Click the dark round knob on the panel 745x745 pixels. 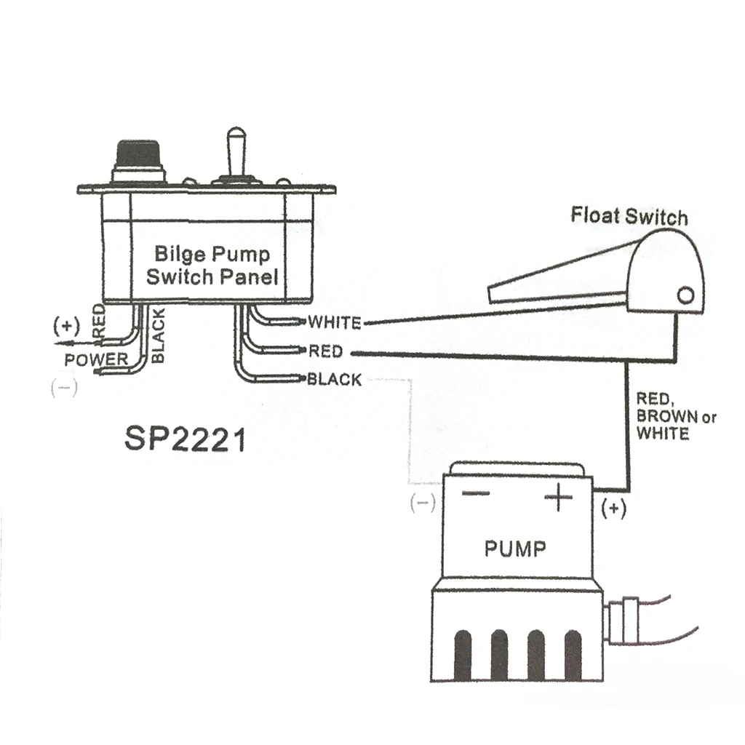[x=138, y=156]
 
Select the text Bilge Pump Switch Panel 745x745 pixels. [x=212, y=266]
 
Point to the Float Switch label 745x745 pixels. [x=629, y=216]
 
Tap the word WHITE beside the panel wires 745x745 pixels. [x=334, y=322]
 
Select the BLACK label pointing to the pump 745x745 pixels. [x=333, y=379]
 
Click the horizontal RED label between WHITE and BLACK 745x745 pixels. [x=325, y=351]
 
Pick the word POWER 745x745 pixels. [x=95, y=359]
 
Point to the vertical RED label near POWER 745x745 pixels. [x=100, y=321]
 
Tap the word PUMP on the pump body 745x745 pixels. [x=514, y=548]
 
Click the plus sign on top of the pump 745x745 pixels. [x=559, y=498]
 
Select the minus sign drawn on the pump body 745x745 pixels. [x=476, y=493]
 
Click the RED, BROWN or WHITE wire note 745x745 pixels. [x=676, y=416]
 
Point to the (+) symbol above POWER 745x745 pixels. [x=65, y=325]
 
